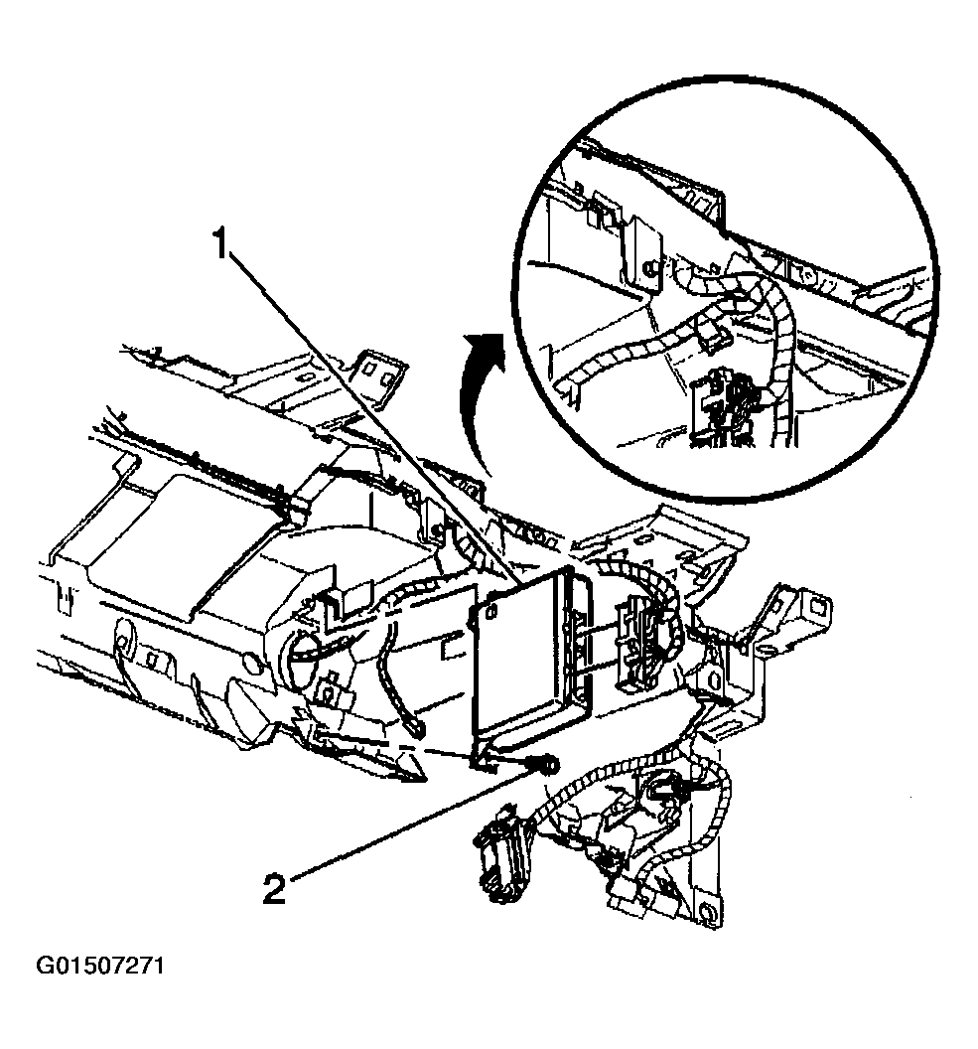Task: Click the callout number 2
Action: tap(275, 887)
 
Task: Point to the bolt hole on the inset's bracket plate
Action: tap(647, 266)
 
